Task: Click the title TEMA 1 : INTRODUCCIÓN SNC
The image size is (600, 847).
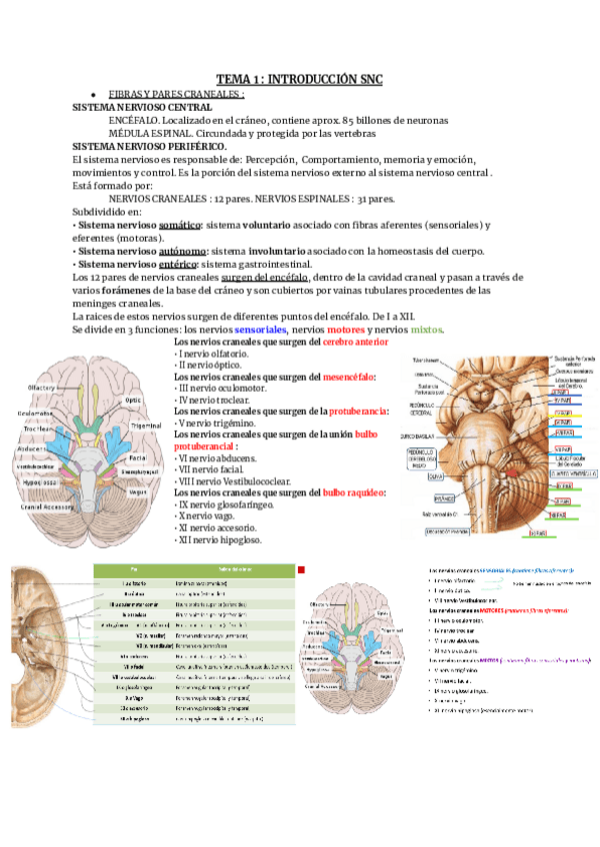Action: [300, 79]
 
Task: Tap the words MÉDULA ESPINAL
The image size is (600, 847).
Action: [148, 133]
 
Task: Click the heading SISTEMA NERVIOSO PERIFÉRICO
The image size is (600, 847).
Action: [150, 146]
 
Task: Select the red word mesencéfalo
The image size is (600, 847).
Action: [349, 377]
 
